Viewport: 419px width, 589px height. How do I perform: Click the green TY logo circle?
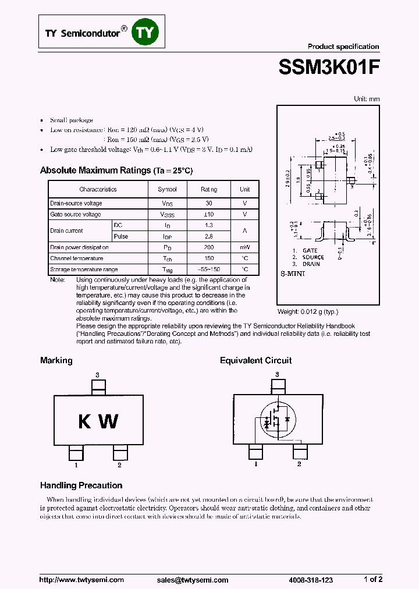pos(145,33)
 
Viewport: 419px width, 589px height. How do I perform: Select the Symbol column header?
pos(168,189)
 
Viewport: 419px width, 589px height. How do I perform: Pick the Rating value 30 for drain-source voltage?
pos(208,203)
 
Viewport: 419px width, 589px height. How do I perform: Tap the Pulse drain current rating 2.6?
pos(208,236)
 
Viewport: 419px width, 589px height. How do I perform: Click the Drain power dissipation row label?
pos(79,247)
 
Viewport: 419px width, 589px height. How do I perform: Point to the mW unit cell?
pos(244,247)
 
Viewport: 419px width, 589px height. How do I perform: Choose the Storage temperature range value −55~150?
pos(208,269)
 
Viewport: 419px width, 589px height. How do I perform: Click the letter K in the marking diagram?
pos(85,421)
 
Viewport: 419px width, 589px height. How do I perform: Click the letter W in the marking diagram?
pos(109,421)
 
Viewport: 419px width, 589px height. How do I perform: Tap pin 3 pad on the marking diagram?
pos(98,386)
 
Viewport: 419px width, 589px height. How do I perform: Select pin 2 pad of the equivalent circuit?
pos(300,452)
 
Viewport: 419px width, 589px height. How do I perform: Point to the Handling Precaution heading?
pos(81,485)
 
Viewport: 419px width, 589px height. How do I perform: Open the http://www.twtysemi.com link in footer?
pos(81,580)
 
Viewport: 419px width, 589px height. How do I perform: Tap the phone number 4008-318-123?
pos(311,580)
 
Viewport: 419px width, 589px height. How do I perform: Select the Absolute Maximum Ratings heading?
pos(95,171)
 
